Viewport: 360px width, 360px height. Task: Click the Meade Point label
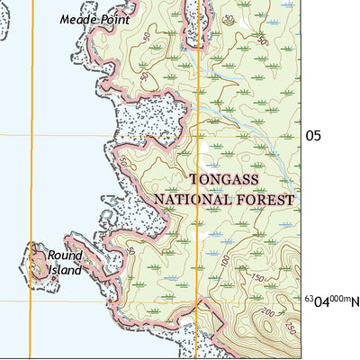94,19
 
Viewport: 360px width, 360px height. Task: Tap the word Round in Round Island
65,256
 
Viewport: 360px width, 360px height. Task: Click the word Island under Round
64,269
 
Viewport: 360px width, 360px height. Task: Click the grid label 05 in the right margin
313,136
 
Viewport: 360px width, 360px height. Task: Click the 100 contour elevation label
223,261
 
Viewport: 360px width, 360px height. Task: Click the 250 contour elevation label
291,326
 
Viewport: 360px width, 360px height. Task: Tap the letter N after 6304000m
355,301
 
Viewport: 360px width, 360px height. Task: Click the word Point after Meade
114,19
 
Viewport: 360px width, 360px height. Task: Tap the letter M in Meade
65,19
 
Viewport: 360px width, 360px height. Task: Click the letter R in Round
52,256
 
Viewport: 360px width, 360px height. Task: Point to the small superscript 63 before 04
308,298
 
